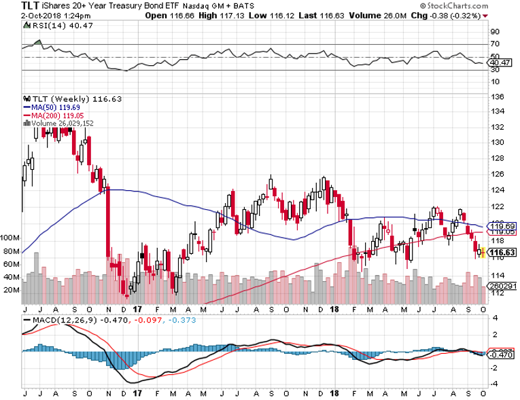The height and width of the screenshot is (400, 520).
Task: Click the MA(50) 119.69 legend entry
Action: click(53, 107)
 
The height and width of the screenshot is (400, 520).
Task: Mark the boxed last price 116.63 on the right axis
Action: click(504, 252)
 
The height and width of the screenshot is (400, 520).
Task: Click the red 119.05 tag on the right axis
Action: click(504, 232)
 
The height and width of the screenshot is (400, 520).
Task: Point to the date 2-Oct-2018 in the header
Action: click(21, 17)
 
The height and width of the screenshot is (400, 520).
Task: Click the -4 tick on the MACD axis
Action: click(496, 384)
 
